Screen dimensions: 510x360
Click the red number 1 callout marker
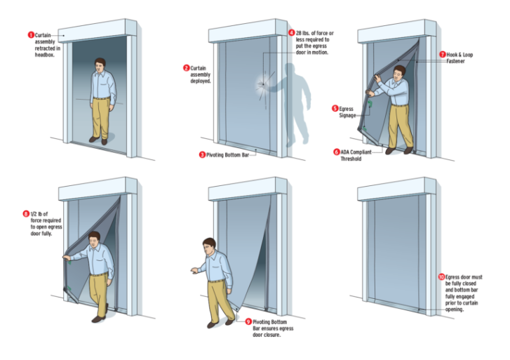[31, 35]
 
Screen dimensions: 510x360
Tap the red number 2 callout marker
[187, 67]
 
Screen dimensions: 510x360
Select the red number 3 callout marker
[202, 154]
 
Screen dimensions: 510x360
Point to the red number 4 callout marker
[292, 32]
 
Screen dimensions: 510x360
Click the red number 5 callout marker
[335, 108]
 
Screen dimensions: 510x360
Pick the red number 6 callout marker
[337, 152]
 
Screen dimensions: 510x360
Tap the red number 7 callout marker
[443, 54]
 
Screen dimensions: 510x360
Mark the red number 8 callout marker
[26, 213]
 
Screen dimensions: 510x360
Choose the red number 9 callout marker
[248, 321]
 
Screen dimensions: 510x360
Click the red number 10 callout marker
[441, 276]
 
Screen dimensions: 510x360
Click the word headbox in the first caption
[45, 55]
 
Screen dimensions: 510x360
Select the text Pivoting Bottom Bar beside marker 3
[228, 155]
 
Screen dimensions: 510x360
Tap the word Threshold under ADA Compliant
[351, 159]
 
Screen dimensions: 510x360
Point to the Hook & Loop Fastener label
[459, 58]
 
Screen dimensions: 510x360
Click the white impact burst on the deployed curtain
[262, 84]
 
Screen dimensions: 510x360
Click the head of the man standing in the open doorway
[100, 65]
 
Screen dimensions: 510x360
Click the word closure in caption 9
[272, 335]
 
